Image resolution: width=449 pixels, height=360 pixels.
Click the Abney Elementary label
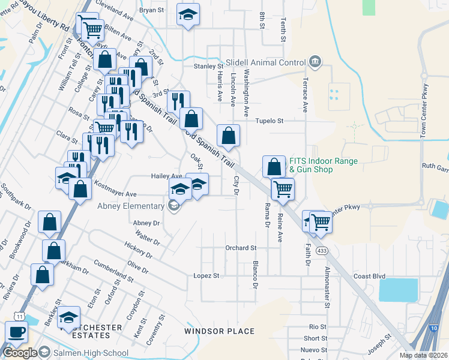(x=131, y=206)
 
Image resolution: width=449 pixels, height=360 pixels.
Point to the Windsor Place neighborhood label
(x=219, y=331)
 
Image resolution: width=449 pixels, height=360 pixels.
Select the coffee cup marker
(x=17, y=332)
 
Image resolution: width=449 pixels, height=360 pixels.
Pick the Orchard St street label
(x=241, y=248)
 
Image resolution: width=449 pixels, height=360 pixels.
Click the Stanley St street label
(x=208, y=66)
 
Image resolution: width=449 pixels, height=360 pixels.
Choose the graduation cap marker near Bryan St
(x=188, y=15)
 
